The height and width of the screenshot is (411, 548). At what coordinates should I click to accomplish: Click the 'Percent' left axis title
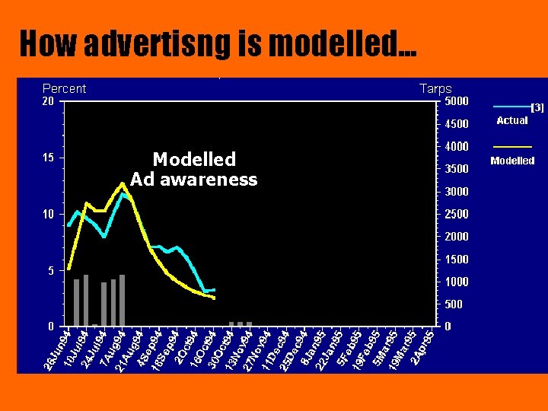pos(64,88)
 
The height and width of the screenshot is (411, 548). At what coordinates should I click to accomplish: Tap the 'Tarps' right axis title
pos(435,89)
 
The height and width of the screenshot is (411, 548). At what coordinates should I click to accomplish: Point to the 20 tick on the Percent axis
pos(48,101)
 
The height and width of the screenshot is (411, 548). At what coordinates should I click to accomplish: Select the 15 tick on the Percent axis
pos(48,158)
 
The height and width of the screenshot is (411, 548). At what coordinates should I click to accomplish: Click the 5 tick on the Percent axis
pos(50,270)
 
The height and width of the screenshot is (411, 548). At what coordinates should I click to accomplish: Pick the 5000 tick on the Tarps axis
pos(457,101)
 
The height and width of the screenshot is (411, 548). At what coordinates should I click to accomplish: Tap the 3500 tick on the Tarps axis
pos(457,169)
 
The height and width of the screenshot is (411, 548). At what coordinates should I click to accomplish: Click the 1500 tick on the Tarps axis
pos(457,260)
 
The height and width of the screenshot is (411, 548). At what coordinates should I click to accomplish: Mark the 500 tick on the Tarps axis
pos(453,304)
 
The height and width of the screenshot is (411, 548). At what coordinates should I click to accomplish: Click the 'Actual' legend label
pos(512,120)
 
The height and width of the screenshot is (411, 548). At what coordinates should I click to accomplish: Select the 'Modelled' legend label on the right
pos(512,161)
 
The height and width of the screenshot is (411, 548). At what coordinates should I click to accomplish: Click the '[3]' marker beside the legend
pos(537,108)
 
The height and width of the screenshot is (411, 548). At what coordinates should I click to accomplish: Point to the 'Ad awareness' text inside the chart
pos(194,180)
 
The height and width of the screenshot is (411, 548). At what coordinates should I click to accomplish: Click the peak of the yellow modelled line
pos(122,183)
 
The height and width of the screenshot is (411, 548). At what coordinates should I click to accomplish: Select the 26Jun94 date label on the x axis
pos(58,352)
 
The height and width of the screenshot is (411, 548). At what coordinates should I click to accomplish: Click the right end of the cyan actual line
pos(215,290)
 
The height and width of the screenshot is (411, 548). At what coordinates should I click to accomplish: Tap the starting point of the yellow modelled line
pos(69,269)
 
